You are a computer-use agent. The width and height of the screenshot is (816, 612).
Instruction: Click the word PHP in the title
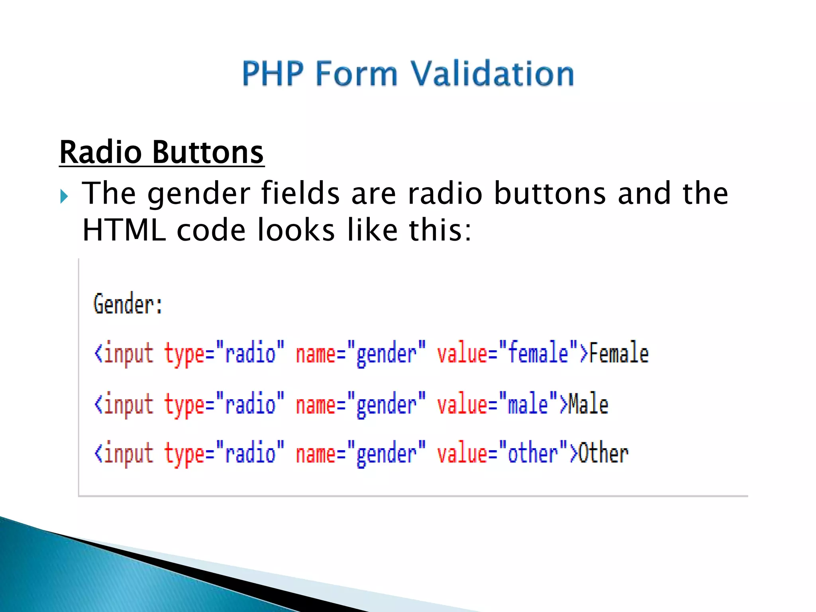click(x=273, y=74)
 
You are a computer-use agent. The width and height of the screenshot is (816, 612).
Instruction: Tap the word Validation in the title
click(x=492, y=74)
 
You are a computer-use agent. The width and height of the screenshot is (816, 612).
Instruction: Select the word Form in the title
click(x=357, y=74)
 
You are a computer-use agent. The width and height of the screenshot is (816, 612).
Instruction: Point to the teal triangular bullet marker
click(x=64, y=196)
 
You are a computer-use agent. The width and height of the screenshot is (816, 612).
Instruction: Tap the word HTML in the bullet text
click(x=124, y=230)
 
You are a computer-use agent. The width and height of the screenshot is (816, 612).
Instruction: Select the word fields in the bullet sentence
click(x=300, y=193)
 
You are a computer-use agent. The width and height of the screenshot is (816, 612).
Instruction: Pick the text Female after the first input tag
click(x=619, y=353)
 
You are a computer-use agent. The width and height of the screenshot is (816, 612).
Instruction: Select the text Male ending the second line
click(x=588, y=404)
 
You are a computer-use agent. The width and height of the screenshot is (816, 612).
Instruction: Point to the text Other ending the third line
click(x=603, y=453)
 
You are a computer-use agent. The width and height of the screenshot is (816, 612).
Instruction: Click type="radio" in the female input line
click(x=224, y=353)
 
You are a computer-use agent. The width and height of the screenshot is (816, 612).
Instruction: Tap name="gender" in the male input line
click(x=361, y=404)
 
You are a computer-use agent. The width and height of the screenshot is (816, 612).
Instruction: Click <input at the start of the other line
click(x=124, y=453)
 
